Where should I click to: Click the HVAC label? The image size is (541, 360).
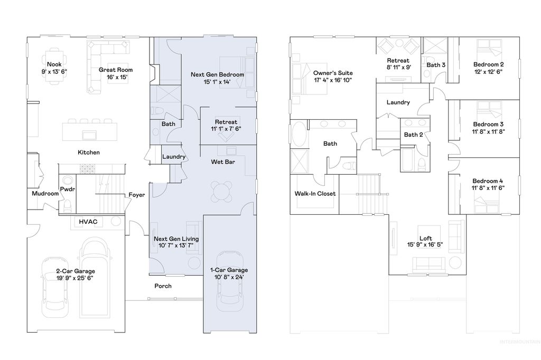pos(88,222)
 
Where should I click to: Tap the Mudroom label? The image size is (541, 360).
pos(45,194)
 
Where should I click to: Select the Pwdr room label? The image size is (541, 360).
pos(67,188)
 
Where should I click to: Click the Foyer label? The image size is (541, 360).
pos(137,195)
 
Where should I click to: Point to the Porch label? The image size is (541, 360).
pos(163,286)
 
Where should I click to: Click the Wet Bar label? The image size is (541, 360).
pos(223,162)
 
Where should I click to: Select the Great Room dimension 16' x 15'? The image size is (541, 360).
pos(116,77)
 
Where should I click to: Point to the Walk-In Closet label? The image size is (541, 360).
pos(315,194)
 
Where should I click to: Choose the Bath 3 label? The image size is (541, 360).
pos(436,65)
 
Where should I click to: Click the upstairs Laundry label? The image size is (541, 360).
pos(398,102)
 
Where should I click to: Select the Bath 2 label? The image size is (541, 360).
pos(413,135)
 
